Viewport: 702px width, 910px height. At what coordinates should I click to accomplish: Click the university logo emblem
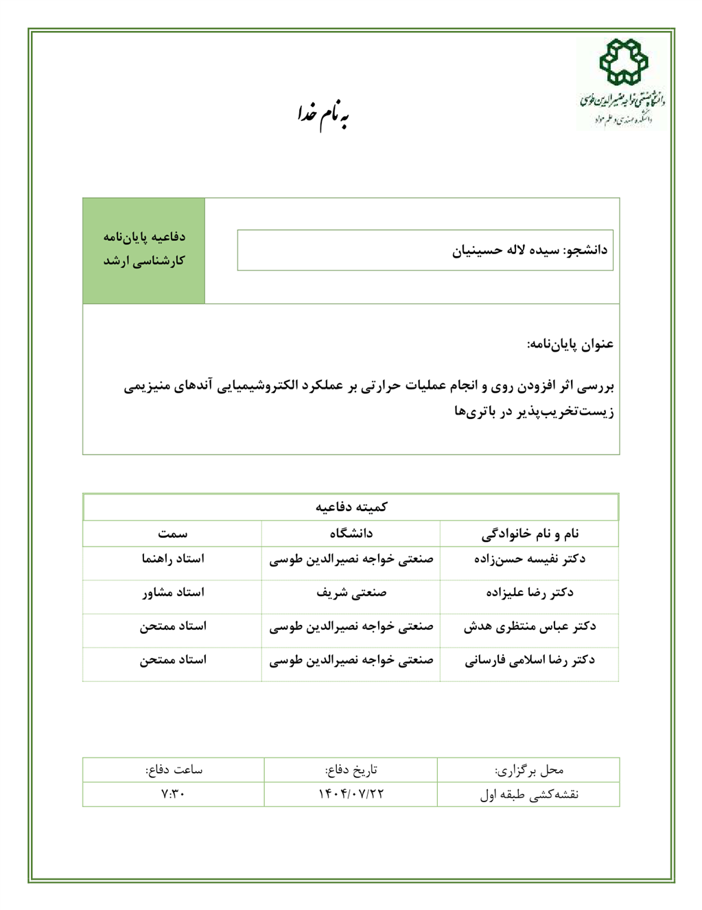pyautogui.click(x=623, y=62)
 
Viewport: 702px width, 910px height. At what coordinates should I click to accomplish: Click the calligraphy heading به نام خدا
pyautogui.click(x=324, y=114)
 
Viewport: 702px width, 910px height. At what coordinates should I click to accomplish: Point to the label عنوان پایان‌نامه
pyautogui.click(x=570, y=343)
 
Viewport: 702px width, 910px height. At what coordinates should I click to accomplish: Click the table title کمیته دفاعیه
pyautogui.click(x=351, y=507)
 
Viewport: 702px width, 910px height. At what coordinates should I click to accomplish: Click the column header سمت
pyautogui.click(x=172, y=534)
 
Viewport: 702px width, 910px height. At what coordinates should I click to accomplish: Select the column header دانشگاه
pyautogui.click(x=351, y=534)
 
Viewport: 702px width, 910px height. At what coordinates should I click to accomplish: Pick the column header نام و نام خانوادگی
pyautogui.click(x=529, y=534)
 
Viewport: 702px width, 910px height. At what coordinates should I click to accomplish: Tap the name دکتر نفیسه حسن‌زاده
pyautogui.click(x=529, y=559)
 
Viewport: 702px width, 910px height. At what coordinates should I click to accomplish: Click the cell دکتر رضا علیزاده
pyautogui.click(x=529, y=593)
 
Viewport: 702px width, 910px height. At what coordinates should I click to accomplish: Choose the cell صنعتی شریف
pyautogui.click(x=351, y=593)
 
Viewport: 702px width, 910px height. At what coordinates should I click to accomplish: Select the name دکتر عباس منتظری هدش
pyautogui.click(x=529, y=626)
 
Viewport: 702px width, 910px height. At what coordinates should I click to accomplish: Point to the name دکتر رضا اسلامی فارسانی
pyautogui.click(x=529, y=660)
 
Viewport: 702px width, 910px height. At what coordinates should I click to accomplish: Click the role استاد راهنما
pyautogui.click(x=172, y=559)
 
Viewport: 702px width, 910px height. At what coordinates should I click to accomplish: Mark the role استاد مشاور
pyautogui.click(x=172, y=593)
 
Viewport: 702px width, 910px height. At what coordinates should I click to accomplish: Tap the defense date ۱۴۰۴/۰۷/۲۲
pyautogui.click(x=351, y=794)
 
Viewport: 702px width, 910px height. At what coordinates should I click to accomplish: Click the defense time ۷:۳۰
pyautogui.click(x=173, y=794)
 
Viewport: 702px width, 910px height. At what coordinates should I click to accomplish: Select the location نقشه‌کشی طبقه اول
pyautogui.click(x=529, y=795)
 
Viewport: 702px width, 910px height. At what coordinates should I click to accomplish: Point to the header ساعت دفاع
pyautogui.click(x=174, y=769)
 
